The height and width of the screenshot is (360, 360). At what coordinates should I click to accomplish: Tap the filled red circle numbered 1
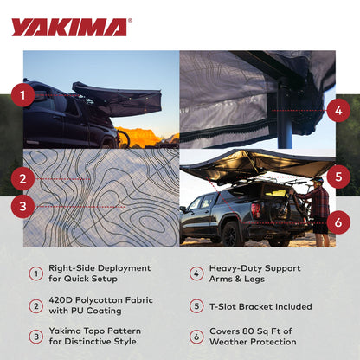click(x=23, y=93)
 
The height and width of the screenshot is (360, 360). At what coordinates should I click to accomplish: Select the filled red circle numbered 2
click(x=23, y=179)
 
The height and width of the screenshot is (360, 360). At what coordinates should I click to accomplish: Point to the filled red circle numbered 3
click(x=23, y=206)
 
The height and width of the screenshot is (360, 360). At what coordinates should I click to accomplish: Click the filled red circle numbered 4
click(x=337, y=110)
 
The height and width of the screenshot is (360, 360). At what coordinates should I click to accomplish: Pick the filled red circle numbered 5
click(x=337, y=177)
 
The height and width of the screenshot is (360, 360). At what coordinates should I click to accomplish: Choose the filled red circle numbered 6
click(x=337, y=222)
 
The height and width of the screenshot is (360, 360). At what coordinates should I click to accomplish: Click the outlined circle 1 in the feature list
click(x=35, y=273)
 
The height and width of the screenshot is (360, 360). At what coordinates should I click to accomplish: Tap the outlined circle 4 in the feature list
click(x=196, y=273)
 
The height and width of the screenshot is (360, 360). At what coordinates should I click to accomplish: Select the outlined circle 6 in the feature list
click(x=196, y=336)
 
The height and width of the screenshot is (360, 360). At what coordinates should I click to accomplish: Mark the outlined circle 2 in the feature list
click(x=35, y=305)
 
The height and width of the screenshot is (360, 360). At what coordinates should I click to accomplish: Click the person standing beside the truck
click(x=319, y=208)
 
